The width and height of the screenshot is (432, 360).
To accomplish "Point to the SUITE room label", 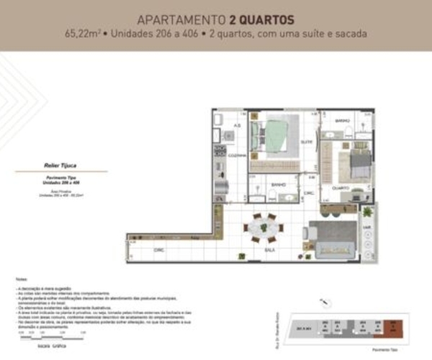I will pyautogui.click(x=305, y=142).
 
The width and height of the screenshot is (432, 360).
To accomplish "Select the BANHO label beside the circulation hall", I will pyautogui.click(x=279, y=185).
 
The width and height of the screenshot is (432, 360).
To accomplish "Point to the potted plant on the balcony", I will pyautogui.click(x=369, y=214).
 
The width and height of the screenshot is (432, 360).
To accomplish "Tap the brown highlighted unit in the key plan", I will pyautogui.click(x=395, y=325).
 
